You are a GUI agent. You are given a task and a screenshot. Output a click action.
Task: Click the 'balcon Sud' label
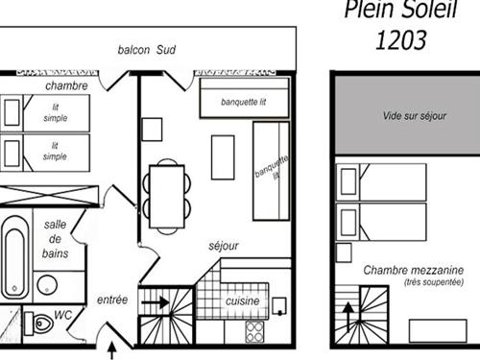click(x=147, y=50)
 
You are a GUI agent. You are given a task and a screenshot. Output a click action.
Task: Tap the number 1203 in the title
click(x=401, y=40)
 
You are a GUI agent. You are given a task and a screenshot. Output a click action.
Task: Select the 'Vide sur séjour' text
click(x=415, y=115)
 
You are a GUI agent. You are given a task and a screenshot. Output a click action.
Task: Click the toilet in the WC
click(x=39, y=324)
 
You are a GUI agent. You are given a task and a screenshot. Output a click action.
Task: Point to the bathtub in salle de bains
click(x=14, y=257)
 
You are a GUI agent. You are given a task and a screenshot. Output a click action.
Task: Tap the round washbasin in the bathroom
click(x=47, y=284)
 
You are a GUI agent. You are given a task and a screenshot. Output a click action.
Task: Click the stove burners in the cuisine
click(x=254, y=332)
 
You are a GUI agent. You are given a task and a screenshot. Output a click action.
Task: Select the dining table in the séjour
click(x=167, y=196)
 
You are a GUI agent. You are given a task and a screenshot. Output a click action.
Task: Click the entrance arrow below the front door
click(x=111, y=350)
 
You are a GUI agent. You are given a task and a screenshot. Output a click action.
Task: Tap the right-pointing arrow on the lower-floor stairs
click(x=156, y=302)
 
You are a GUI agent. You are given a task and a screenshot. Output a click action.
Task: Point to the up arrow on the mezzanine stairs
click(x=348, y=317)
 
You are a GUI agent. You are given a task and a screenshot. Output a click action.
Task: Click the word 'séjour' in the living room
click(x=224, y=246)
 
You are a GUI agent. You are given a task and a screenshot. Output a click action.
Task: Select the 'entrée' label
click(x=112, y=300)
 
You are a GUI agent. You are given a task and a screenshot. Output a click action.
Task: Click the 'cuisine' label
click(x=242, y=301)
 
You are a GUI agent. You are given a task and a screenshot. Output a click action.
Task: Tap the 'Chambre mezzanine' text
click(x=414, y=270)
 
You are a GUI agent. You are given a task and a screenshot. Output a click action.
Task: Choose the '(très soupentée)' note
click(x=434, y=282)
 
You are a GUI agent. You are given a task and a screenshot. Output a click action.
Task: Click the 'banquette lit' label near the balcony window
click(x=243, y=102)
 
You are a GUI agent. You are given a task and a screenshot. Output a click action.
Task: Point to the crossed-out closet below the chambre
click(x=49, y=195)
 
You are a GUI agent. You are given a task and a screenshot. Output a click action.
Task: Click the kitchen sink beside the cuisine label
click(x=279, y=306)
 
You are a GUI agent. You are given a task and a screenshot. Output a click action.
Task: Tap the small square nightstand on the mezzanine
click(x=344, y=252)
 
